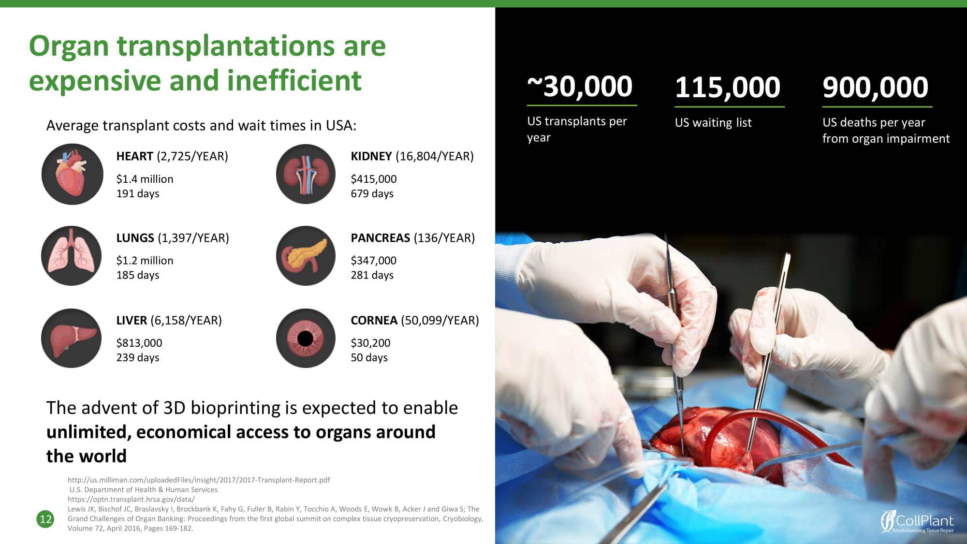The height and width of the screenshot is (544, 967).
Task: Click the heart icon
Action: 73,174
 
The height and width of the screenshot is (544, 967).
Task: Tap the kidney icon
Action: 306,174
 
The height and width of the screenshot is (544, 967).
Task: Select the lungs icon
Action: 72,256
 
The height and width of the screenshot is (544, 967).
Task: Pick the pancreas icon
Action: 306,256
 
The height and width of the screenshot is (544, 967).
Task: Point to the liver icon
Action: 72,338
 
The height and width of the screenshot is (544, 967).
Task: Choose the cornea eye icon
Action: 306,338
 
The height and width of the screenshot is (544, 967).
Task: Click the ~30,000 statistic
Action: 580,87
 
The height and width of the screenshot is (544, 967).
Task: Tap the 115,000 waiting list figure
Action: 728,87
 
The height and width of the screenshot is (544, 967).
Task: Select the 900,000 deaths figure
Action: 876,87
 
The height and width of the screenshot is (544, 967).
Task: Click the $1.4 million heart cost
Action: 145,179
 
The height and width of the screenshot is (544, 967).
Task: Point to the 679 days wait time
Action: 372,193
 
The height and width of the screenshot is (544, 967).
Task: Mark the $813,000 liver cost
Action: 139,343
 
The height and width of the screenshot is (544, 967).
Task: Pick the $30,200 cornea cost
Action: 370,343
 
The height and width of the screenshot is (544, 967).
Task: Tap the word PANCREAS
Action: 381,238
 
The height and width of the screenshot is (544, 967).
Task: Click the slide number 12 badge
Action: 45,519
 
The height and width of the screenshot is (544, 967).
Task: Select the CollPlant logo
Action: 917,521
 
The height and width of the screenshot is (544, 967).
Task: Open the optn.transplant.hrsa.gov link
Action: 131,500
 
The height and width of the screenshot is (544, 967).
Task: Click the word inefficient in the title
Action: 294,80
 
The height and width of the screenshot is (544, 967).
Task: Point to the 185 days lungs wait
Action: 138,275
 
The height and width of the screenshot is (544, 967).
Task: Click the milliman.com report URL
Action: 199,480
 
